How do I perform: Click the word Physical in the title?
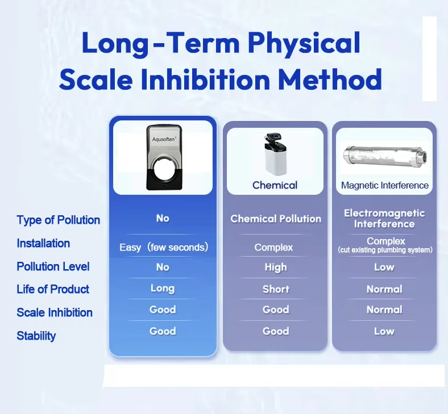pos(304,43)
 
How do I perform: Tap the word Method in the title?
pos(330,79)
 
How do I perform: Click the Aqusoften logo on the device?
pos(164,139)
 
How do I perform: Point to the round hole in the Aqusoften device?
pos(164,168)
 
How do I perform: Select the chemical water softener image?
pos(275,154)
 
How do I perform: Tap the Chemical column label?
pos(275,185)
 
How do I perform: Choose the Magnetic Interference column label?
pos(384,186)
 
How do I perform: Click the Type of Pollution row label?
pos(59,220)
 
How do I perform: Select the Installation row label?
pos(43,244)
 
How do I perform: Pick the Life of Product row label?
pos(53,289)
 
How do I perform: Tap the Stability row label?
pos(36,336)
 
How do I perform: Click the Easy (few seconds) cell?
pos(164,247)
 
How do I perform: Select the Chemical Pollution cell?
pos(276,219)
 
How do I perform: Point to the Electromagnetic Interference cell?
pos(384,219)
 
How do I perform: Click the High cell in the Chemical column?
pos(276,267)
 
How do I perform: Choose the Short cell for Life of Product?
pos(276,289)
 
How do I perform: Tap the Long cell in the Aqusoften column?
pos(163,288)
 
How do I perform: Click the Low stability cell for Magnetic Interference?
pos(384,331)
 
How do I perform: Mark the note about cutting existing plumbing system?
pos(385,250)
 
